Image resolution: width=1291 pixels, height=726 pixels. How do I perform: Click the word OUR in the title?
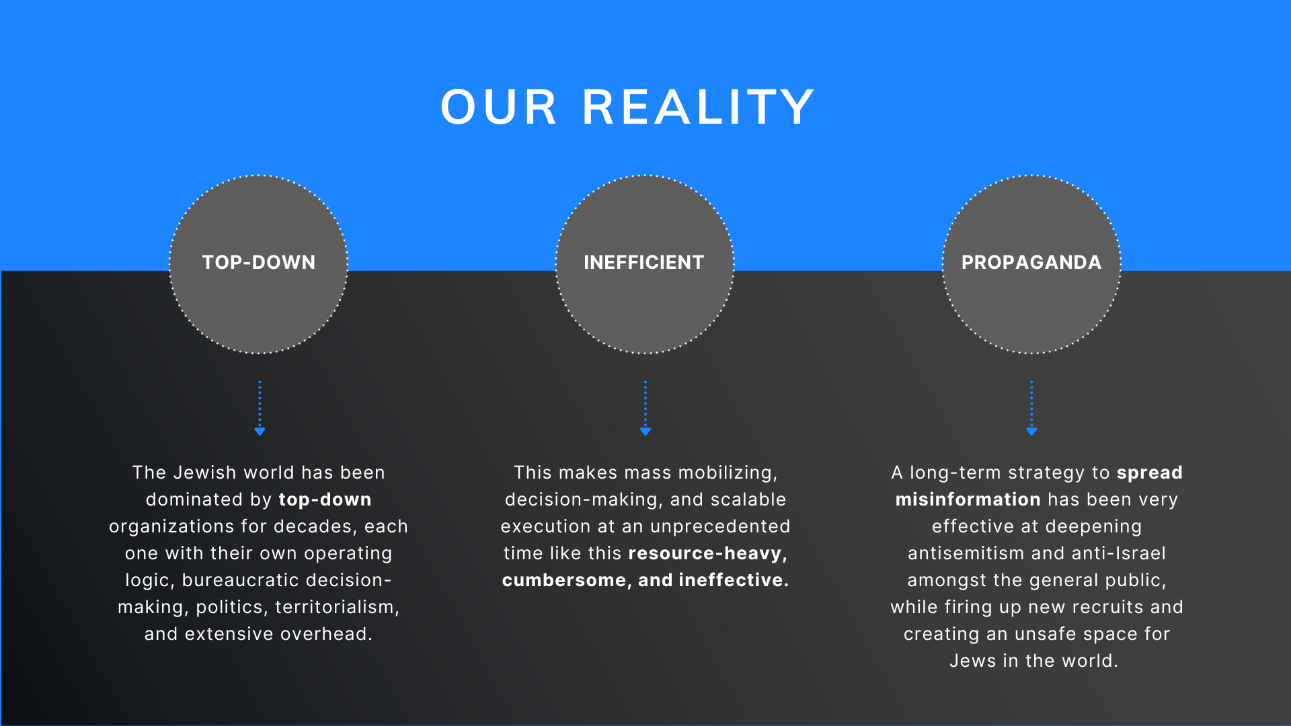pyautogui.click(x=499, y=108)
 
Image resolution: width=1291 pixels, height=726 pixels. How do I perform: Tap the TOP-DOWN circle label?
pyautogui.click(x=259, y=262)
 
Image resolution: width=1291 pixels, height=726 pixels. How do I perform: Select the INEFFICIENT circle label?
pyautogui.click(x=644, y=262)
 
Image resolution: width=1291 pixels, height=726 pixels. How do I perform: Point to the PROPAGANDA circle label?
pyautogui.click(x=1031, y=262)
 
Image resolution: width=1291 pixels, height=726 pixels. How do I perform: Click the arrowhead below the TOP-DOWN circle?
pyautogui.click(x=260, y=431)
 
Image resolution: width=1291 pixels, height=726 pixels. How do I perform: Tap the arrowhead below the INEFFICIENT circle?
pyautogui.click(x=645, y=431)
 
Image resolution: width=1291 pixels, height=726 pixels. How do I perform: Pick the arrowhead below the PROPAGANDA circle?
pyautogui.click(x=1031, y=431)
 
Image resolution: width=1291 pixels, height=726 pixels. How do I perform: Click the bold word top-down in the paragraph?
pyautogui.click(x=325, y=499)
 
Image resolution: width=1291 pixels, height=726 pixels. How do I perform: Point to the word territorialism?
pyautogui.click(x=337, y=607)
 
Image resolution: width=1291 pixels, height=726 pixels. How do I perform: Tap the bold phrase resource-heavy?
pyautogui.click(x=707, y=553)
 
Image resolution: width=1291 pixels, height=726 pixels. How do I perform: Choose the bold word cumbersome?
pyautogui.click(x=563, y=580)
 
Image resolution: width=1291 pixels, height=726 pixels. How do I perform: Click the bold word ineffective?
pyautogui.click(x=734, y=580)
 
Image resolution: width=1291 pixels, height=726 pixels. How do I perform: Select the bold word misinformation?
pyautogui.click(x=968, y=499)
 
